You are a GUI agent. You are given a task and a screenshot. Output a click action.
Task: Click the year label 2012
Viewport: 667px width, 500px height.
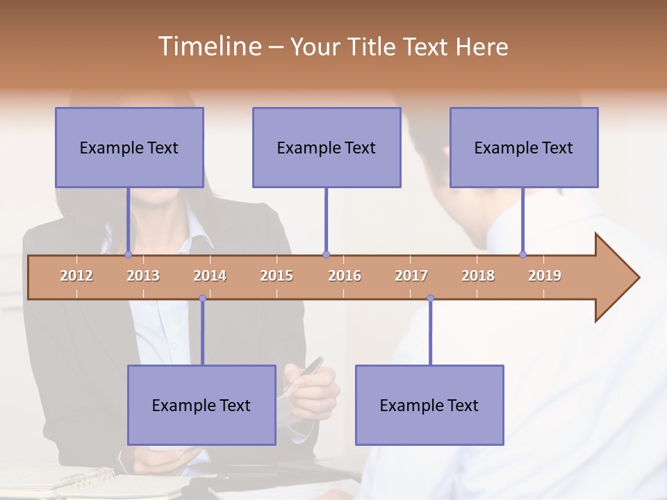(x=76, y=276)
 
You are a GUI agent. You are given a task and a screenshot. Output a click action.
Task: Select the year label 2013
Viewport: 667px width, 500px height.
(x=143, y=276)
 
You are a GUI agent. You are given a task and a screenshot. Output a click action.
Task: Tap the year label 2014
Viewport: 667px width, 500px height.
(x=210, y=276)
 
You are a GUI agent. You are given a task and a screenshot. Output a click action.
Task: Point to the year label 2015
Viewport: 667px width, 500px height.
(x=277, y=276)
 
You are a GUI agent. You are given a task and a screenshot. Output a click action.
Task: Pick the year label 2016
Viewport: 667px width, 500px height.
(x=345, y=276)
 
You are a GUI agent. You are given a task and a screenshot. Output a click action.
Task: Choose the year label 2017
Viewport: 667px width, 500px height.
(x=411, y=276)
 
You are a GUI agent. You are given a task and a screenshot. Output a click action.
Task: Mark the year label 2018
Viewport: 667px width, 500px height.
(x=478, y=276)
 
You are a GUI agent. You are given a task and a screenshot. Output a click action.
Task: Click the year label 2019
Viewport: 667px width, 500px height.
(x=545, y=276)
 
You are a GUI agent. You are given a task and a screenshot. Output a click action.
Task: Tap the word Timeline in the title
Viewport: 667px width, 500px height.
(x=208, y=47)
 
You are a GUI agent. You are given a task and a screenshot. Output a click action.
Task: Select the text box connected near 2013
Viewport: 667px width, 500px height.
(x=129, y=147)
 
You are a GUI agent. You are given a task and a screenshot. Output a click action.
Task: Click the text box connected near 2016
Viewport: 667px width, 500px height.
(x=327, y=147)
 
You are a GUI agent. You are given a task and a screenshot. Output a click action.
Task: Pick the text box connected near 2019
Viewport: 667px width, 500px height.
(x=524, y=147)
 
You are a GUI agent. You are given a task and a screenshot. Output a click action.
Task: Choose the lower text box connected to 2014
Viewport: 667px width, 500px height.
(x=201, y=405)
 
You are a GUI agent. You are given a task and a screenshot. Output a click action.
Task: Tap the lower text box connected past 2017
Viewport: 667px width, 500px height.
(x=429, y=405)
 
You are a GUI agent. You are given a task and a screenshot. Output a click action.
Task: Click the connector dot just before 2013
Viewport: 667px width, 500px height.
(x=128, y=255)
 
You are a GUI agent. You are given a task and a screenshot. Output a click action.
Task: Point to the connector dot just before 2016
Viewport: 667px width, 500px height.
(x=326, y=255)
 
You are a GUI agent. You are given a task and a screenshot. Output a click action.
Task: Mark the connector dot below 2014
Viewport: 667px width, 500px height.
(x=202, y=299)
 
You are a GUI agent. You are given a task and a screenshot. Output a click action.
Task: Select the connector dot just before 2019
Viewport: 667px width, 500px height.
(x=522, y=255)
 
